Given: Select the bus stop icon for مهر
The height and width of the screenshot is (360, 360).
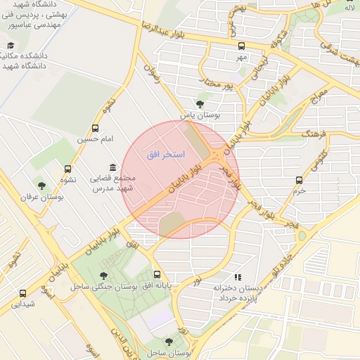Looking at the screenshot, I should pyautogui.click(x=242, y=46).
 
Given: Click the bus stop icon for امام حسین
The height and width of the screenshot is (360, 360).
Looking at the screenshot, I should pyautogui.click(x=96, y=129).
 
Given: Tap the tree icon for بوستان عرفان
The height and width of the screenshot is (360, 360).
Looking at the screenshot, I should pyautogui.click(x=42, y=186).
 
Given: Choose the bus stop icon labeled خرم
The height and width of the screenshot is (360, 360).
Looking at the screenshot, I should pyautogui.click(x=300, y=180).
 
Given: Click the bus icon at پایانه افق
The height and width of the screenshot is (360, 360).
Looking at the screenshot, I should pyautogui.click(x=156, y=276).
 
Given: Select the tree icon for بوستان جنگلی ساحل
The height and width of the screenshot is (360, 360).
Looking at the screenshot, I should pyautogui.click(x=104, y=276).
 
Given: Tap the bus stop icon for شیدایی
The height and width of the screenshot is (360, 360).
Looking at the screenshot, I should pyautogui.click(x=23, y=293).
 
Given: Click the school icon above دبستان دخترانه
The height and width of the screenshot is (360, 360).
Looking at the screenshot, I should pyautogui.click(x=238, y=277).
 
